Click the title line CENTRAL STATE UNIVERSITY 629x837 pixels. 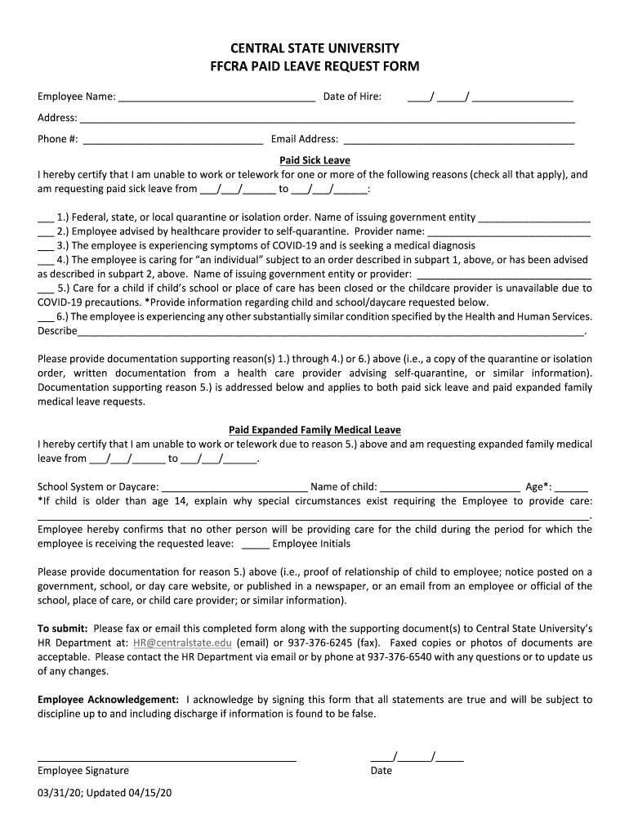click(314, 48)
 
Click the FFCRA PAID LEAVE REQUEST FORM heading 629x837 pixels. click(314, 66)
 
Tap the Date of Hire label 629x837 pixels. click(352, 97)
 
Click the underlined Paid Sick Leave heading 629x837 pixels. click(314, 161)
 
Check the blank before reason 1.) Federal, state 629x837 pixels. click(46, 219)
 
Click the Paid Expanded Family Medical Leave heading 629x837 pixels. click(314, 430)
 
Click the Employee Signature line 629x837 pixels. click(167, 759)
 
